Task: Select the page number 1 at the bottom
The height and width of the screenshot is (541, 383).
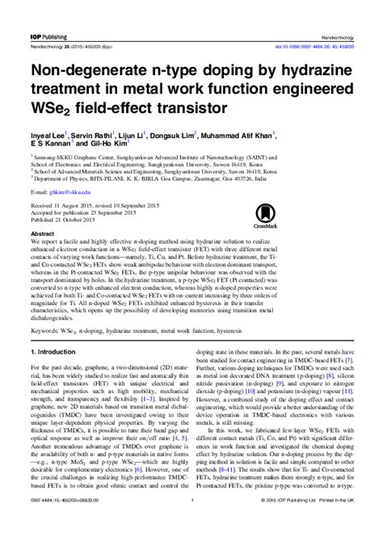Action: (191, 528)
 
